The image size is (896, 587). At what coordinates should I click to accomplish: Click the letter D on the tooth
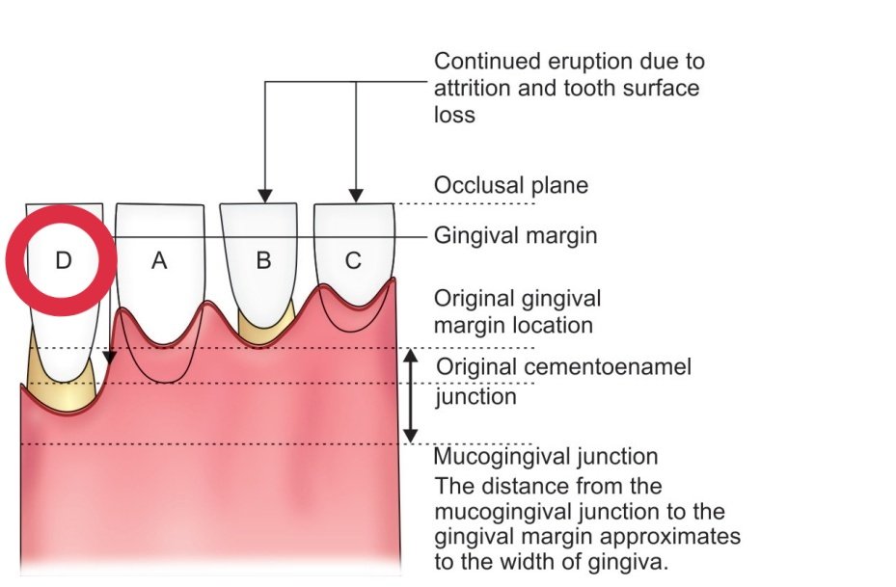tap(62, 260)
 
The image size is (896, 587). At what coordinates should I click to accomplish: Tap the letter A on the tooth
tap(159, 260)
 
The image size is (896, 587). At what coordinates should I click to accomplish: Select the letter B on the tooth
tap(261, 260)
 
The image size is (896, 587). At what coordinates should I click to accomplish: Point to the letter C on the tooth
tap(353, 260)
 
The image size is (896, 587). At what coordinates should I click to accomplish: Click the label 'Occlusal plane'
tap(510, 185)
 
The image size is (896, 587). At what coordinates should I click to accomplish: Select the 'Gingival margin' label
tap(515, 235)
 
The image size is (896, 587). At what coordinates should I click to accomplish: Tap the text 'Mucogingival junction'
tap(546, 456)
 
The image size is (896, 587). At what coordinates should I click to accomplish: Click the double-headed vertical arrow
tap(411, 395)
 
